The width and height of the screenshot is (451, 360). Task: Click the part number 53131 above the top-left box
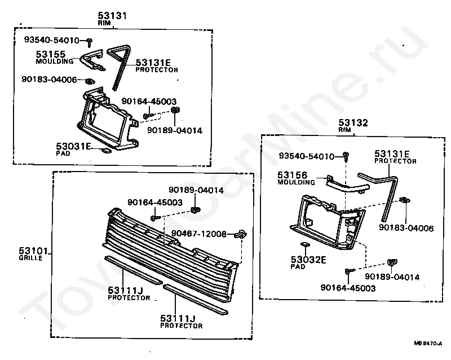coord(112,16)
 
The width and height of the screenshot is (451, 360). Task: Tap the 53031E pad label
coord(73,146)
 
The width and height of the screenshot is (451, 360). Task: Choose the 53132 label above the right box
coord(352,122)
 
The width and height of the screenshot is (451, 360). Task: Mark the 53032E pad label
coord(309,260)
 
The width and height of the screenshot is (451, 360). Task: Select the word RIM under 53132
coord(344,130)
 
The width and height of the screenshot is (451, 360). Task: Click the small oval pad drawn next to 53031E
coord(104,151)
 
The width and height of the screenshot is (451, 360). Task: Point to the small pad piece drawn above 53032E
coord(303,245)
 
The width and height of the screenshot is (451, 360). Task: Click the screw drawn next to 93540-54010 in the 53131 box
coord(89,40)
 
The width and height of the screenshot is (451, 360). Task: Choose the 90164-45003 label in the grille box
coord(147,202)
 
